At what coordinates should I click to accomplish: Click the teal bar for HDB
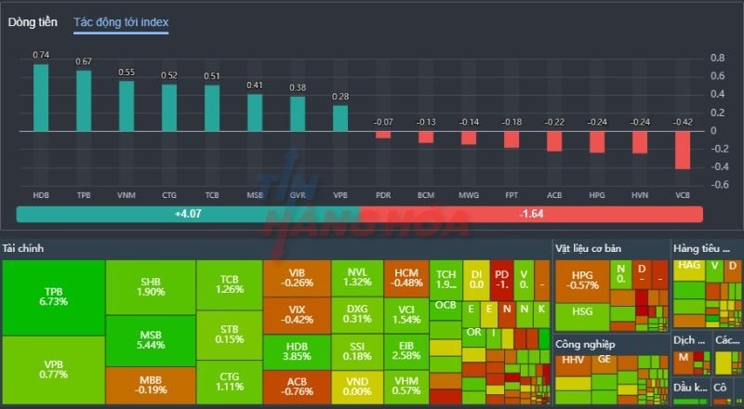click(x=41, y=97)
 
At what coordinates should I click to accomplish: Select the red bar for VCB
click(x=683, y=150)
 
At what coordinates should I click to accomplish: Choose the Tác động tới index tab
click(x=122, y=21)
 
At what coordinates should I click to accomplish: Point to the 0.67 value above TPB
click(x=84, y=61)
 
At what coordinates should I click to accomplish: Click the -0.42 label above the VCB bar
click(x=683, y=122)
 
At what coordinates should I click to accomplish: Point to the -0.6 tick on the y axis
click(x=719, y=184)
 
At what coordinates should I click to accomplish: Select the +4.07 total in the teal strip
click(x=188, y=214)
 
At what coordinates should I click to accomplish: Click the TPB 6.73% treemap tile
click(x=53, y=297)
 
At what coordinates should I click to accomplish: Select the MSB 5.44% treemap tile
click(x=151, y=340)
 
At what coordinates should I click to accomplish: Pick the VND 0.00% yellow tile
click(x=357, y=387)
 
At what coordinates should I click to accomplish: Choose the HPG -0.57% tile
click(x=582, y=280)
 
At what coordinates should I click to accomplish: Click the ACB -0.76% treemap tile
click(x=297, y=387)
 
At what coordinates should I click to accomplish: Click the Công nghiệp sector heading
click(x=585, y=344)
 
